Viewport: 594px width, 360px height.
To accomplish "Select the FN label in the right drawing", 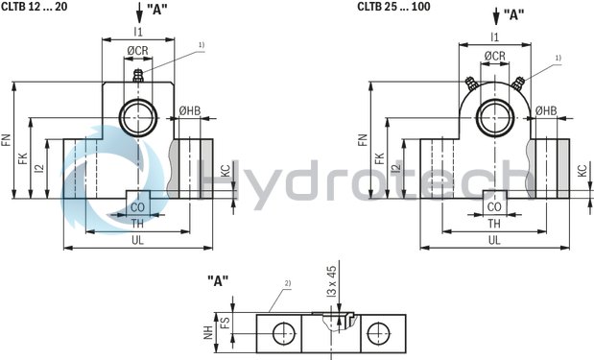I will tap(363, 139).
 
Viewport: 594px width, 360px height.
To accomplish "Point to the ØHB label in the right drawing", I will tap(546, 111).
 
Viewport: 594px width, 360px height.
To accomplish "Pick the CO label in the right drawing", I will tap(494, 205).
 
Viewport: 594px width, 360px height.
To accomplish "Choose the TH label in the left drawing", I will tap(138, 223).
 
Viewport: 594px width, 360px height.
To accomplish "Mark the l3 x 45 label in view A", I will tap(332, 290).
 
